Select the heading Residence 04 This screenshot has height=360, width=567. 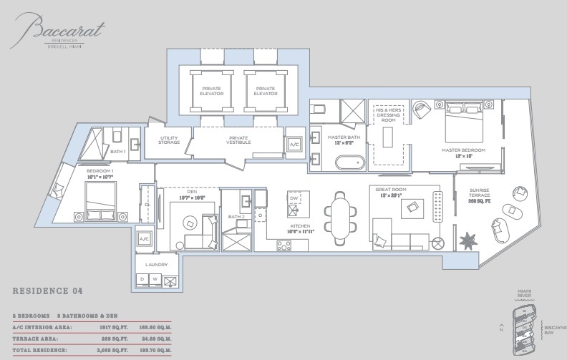47,291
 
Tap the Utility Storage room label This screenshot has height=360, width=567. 169,140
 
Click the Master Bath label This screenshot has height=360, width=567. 337,140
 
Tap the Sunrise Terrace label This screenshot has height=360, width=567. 479,195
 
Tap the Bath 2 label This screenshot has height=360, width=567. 236,216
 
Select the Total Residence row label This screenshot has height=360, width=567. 39,351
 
